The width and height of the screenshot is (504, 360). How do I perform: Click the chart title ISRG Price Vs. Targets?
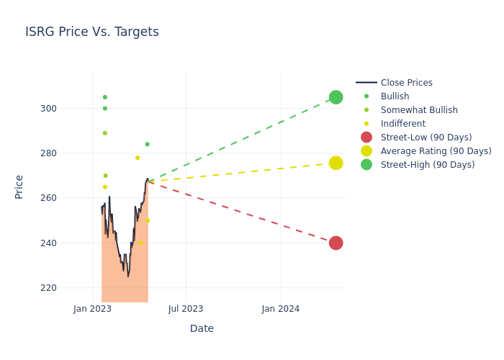[92, 32]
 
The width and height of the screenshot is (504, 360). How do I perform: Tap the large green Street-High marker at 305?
[336, 97]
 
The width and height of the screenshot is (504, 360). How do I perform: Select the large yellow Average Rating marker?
[336, 163]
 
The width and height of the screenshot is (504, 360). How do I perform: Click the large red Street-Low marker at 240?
[336, 243]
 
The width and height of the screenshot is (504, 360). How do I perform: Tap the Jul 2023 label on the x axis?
[186, 309]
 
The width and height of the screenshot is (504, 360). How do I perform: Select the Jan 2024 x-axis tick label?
[281, 309]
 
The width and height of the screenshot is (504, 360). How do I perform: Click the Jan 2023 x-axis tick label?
[92, 309]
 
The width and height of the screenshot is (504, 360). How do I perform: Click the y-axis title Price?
[19, 186]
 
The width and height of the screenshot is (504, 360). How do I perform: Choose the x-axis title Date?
[202, 329]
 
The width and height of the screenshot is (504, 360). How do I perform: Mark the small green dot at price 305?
[104, 97]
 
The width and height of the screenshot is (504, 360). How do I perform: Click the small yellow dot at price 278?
[138, 158]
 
